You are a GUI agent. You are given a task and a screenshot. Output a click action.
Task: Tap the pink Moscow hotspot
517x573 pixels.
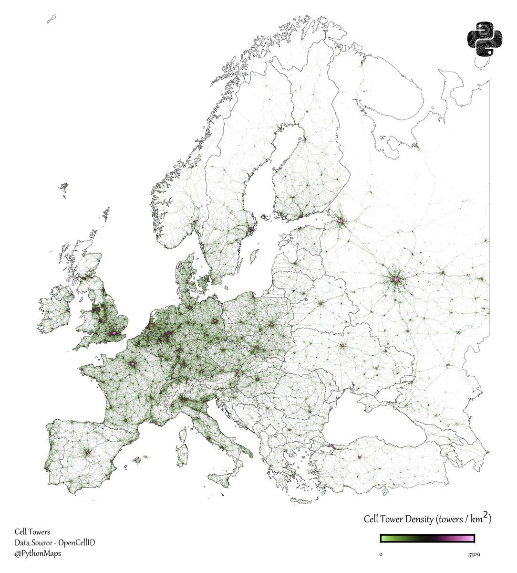pyautogui.click(x=395, y=280)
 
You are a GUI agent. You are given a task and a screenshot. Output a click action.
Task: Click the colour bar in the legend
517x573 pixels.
pyautogui.click(x=427, y=539)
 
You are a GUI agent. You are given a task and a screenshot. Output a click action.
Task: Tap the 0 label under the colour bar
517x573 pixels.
pyautogui.click(x=381, y=555)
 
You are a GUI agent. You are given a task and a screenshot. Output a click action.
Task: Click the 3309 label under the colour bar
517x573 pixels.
pyautogui.click(x=474, y=555)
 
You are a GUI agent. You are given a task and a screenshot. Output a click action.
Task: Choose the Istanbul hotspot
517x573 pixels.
pyautogui.click(x=331, y=446)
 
